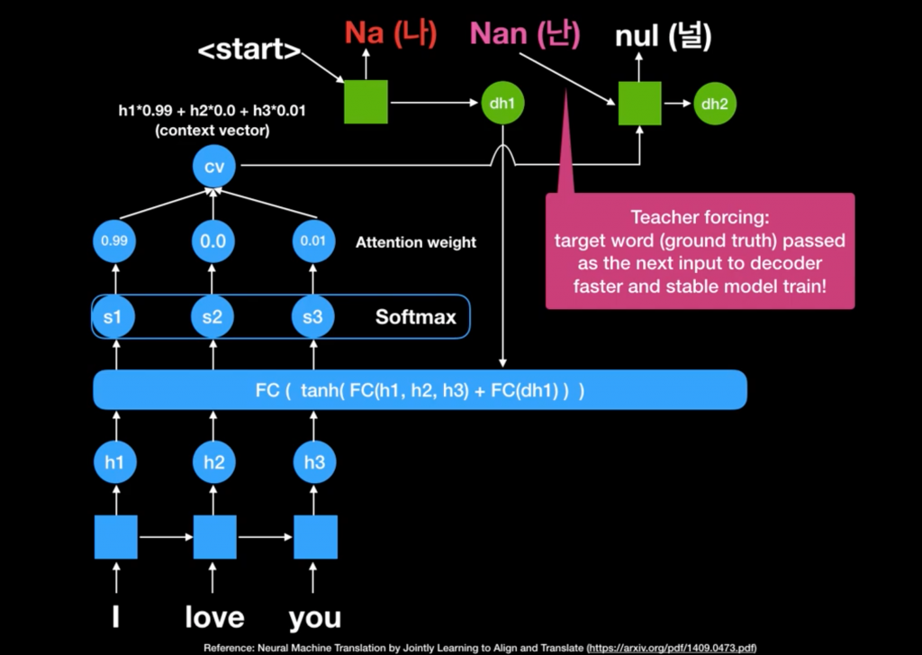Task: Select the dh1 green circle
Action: point(501,104)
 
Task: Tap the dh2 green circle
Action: point(715,104)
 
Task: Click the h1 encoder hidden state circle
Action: point(115,463)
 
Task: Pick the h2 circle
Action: point(214,463)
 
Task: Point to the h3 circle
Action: point(314,463)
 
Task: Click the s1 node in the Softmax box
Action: point(115,317)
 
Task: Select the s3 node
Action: point(314,317)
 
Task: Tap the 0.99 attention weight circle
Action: point(115,241)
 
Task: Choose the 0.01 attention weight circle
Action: point(314,241)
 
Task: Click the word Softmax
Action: point(415,317)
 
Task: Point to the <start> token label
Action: point(249,50)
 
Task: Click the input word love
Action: point(214,617)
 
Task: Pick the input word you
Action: point(315,617)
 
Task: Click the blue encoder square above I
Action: point(116,537)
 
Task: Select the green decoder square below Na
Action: point(366,102)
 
